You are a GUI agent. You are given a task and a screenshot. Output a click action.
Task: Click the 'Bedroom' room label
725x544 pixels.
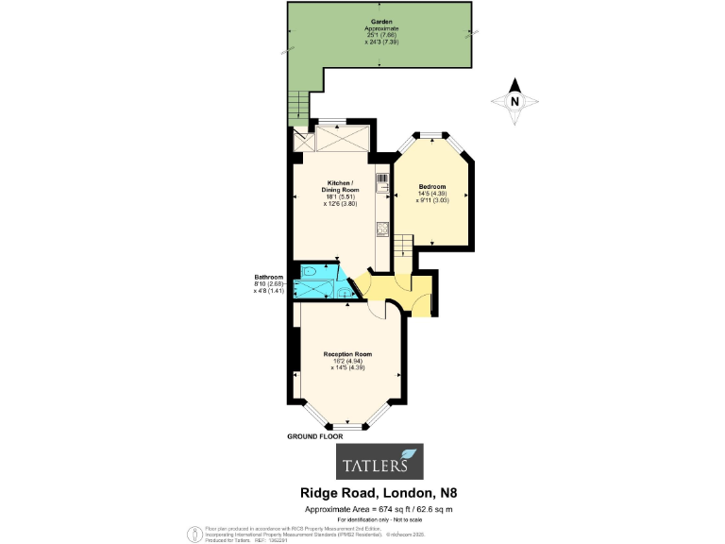coord(431,187)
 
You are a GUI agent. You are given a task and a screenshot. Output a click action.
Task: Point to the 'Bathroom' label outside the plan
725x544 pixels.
coord(269,277)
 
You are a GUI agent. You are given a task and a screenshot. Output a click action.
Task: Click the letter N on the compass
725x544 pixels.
coord(514,101)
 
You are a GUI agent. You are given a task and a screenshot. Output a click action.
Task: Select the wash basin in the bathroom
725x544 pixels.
coord(337,291)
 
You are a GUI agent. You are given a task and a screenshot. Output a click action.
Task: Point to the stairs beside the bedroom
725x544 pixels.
coord(402,246)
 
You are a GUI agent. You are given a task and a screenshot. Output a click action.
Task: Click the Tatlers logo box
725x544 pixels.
coord(380,462)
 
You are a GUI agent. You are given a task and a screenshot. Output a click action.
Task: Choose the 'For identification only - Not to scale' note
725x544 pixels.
coord(380,520)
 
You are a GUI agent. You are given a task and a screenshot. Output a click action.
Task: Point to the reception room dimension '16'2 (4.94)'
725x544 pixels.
coord(344,362)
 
